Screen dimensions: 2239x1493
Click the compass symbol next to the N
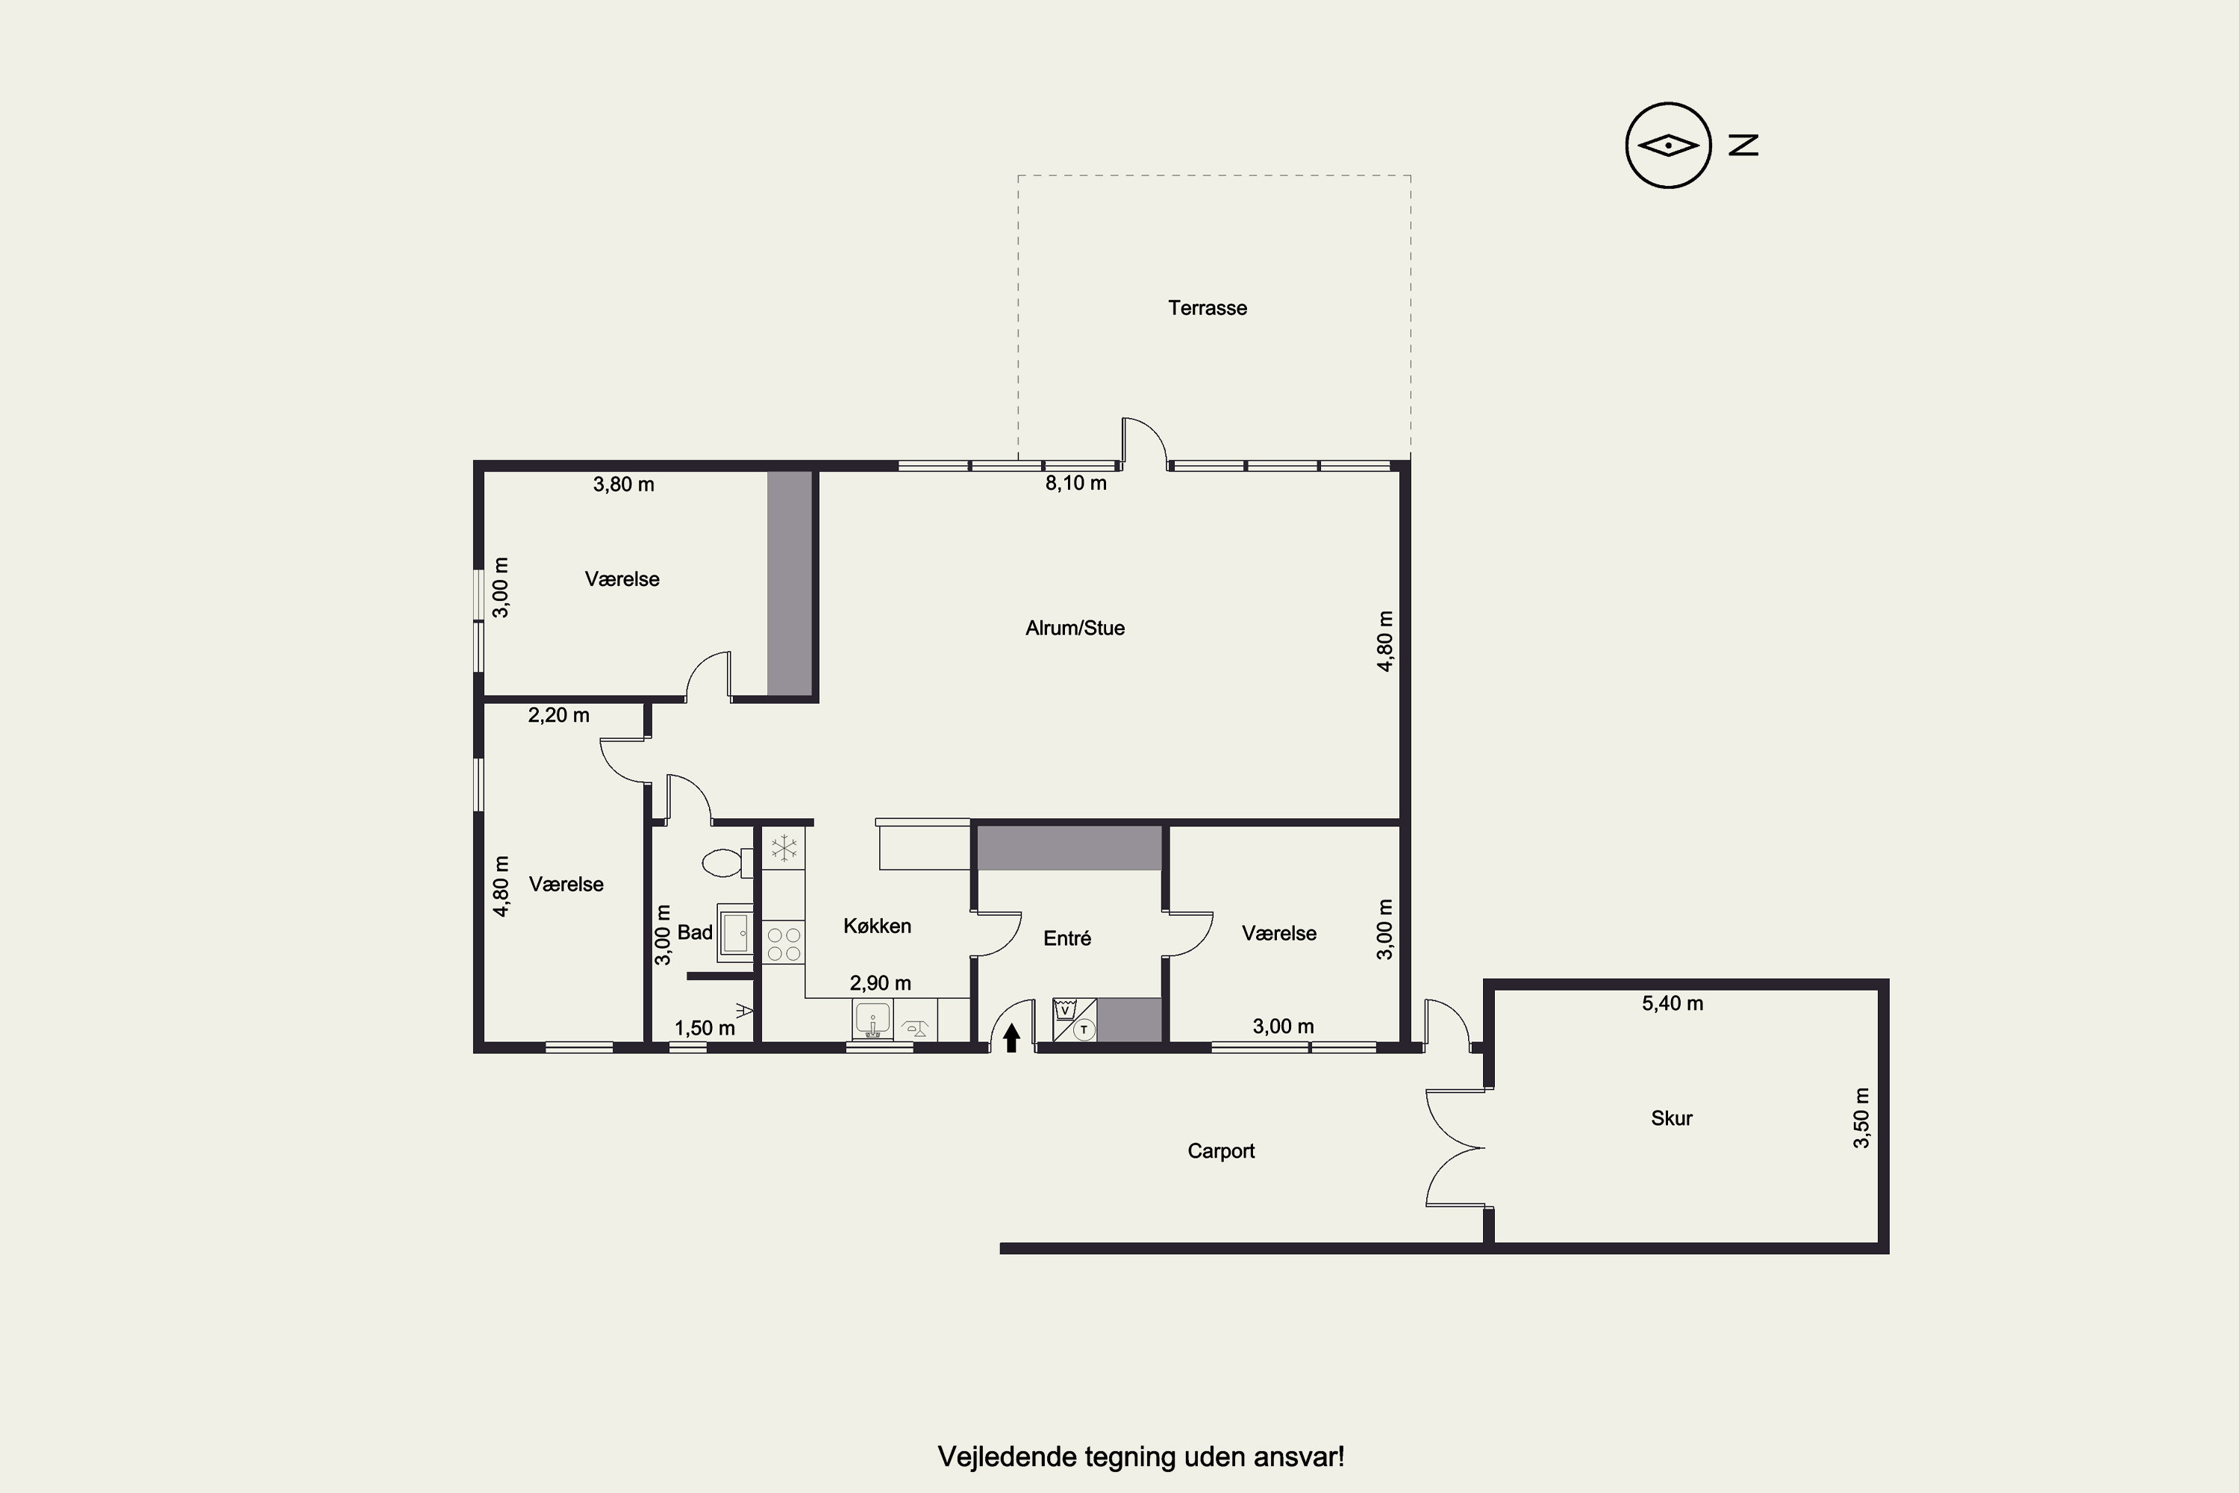1668,145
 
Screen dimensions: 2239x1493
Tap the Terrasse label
1207,308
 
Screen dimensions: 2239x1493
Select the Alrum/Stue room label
1075,628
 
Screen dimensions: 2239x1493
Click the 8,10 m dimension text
1075,483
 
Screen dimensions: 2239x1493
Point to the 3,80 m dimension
623,484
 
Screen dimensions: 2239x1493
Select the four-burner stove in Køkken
784,944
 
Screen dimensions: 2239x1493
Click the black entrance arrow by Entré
1012,1037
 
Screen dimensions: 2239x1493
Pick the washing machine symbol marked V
1065,1010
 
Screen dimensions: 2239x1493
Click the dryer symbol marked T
1084,1029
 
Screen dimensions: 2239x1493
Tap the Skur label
1672,1118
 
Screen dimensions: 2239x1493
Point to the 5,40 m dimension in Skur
1673,1003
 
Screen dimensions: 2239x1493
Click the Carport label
1221,1151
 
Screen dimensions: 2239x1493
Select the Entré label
1067,938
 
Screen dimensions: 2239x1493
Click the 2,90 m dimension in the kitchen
881,982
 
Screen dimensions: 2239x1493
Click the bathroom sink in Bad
735,933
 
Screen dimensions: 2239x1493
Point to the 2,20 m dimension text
559,714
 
